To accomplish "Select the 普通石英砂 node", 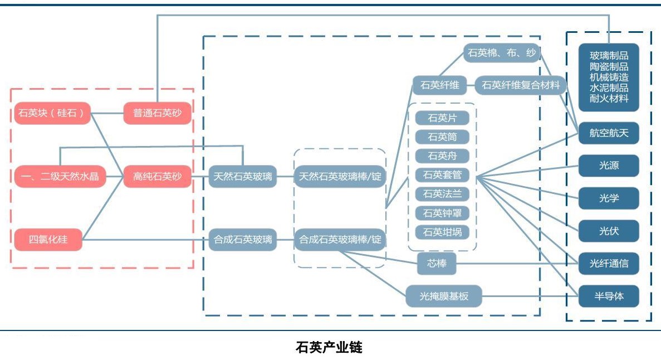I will (x=158, y=113).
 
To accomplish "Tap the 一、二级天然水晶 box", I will (x=60, y=177).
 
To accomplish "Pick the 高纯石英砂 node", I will (x=158, y=177).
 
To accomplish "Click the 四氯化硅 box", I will (x=48, y=240).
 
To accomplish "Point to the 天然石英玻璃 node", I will (x=243, y=177).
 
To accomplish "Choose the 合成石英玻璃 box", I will (x=243, y=240).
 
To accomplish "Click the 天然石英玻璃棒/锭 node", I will (x=340, y=177).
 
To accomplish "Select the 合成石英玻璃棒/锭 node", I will (x=340, y=240).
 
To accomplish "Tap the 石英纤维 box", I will (x=440, y=85).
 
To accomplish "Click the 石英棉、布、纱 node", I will (x=502, y=53).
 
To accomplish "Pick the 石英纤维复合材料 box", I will (x=521, y=85).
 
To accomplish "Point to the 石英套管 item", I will (x=442, y=175).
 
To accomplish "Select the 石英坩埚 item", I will (x=442, y=232).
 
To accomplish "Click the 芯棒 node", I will (x=437, y=264).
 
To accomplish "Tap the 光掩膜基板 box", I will (x=444, y=296).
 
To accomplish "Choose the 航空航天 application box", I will (x=609, y=133).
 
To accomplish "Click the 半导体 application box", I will (x=609, y=296).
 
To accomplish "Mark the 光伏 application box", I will (x=609, y=231).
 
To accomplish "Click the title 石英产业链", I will (x=329, y=348).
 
